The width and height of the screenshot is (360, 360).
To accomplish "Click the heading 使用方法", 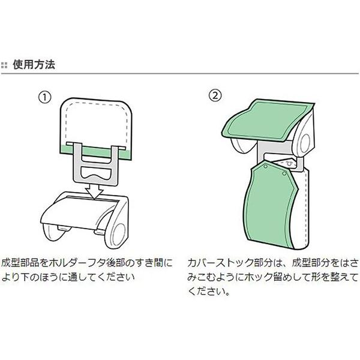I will [x=34, y=65].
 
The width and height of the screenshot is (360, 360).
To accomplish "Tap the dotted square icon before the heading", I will [x=6, y=65].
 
